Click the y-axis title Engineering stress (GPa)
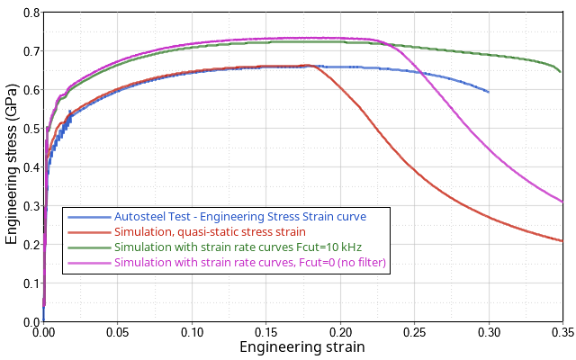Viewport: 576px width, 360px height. tap(12, 167)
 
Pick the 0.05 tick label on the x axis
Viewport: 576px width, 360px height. tap(118, 332)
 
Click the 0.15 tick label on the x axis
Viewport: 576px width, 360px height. tap(265, 332)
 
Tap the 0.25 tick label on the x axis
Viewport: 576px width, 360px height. tap(414, 332)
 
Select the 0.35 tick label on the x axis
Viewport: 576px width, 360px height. tap(561, 332)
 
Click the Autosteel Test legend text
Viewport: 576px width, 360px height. tap(240, 217)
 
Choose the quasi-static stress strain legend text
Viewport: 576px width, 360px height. tap(210, 232)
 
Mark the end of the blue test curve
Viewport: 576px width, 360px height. tap(489, 92)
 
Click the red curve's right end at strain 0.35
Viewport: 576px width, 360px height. tap(562, 240)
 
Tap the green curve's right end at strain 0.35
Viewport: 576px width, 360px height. tap(561, 71)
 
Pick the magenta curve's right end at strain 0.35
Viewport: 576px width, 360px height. tap(562, 202)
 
